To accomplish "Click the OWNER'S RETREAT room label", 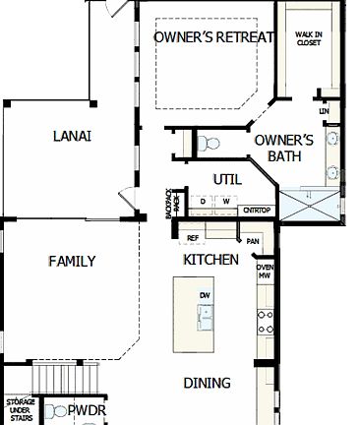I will pyautogui.click(x=211, y=37).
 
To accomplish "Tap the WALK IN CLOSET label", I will pyautogui.click(x=309, y=38).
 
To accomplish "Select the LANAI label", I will pyautogui.click(x=72, y=136).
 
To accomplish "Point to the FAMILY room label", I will pyautogui.click(x=72, y=261).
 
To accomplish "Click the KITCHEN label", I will pyautogui.click(x=211, y=260).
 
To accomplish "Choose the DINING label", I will pyautogui.click(x=207, y=382).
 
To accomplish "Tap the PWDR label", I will pyautogui.click(x=87, y=410).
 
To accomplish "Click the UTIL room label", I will pyautogui.click(x=227, y=178).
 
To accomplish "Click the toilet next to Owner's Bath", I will pyautogui.click(x=207, y=144).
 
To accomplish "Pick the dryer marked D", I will pyautogui.click(x=204, y=202).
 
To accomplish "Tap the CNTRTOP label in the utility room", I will pyautogui.click(x=257, y=210).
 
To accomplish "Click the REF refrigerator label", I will pyautogui.click(x=193, y=238).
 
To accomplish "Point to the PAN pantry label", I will pyautogui.click(x=253, y=240).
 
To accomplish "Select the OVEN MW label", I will pyautogui.click(x=265, y=272).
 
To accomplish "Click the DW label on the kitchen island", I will pyautogui.click(x=205, y=294).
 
